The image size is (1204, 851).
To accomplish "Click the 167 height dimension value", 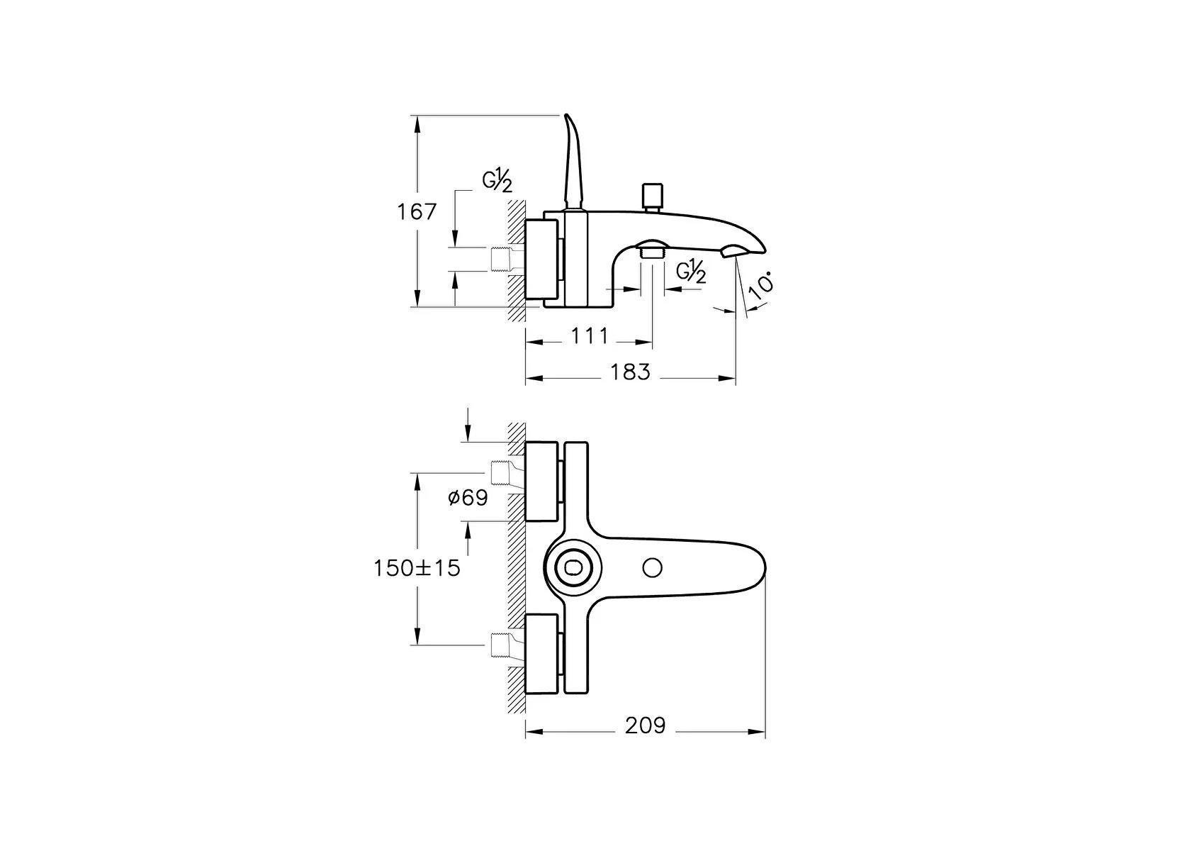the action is pos(417,212).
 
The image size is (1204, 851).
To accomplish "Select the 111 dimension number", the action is pos(589,336).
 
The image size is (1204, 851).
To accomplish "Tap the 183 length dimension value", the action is pos(630,372).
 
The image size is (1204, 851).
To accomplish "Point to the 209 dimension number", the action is pos(645,725).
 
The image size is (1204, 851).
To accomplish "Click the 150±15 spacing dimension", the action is pos(417,568).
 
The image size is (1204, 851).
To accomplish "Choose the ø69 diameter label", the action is pos(468,498).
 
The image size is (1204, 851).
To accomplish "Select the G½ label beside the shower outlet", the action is pos(691,272).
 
